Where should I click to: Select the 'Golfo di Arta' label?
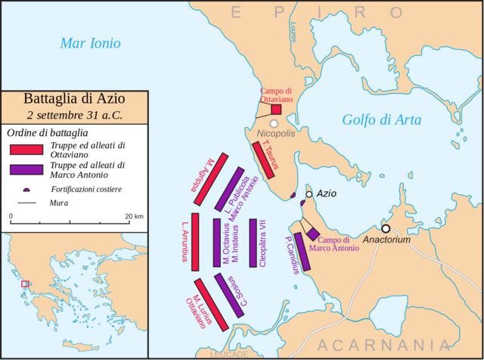381,119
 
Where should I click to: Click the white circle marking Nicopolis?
274,123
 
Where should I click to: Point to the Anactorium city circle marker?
386,228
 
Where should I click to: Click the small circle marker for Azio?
309,194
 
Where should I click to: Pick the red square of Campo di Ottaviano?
276,109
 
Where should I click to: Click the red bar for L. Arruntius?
195,241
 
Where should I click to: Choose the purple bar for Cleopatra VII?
253,243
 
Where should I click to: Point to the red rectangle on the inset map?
25,284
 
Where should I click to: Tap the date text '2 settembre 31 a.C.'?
74,116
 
